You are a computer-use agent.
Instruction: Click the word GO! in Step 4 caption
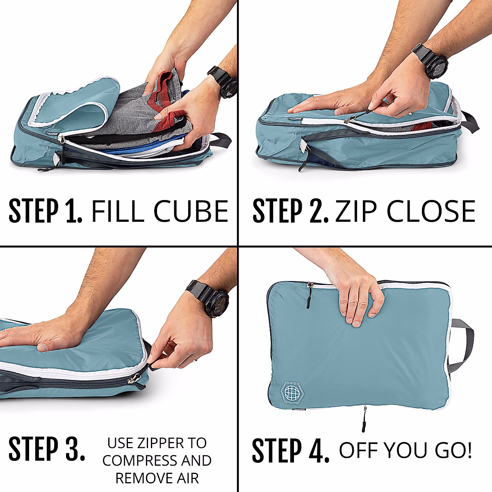(x=453, y=451)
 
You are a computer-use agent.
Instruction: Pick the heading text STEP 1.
(x=45, y=212)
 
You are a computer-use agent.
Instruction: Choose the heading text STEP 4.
(x=290, y=451)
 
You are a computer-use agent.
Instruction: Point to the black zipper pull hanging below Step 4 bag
(x=364, y=420)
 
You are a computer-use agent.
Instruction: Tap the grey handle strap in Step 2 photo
(x=471, y=121)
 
